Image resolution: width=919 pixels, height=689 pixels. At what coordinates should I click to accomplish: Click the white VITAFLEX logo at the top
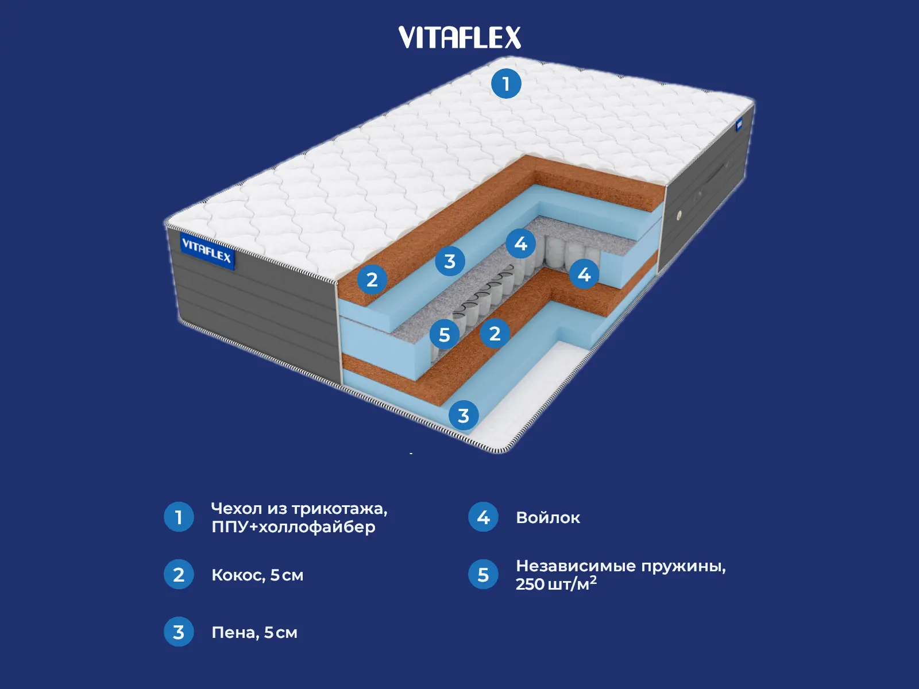click(459, 37)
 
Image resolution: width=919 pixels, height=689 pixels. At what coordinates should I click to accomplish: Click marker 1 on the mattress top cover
click(506, 84)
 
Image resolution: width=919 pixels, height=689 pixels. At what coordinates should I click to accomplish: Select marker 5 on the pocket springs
click(445, 334)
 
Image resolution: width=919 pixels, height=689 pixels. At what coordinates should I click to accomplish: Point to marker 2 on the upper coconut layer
click(372, 280)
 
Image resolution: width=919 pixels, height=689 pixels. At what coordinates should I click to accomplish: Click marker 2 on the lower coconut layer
click(495, 333)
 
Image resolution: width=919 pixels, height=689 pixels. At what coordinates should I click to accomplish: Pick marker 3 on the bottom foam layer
click(464, 415)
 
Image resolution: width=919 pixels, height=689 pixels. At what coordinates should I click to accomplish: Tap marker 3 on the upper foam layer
click(450, 261)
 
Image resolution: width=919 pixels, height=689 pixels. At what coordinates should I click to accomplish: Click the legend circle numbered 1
click(179, 517)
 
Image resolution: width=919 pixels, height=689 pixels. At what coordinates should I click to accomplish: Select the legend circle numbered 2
click(179, 574)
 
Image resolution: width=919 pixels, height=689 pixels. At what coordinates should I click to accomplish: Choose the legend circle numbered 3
click(179, 632)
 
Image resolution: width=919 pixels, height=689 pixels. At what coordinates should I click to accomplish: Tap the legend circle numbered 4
click(483, 517)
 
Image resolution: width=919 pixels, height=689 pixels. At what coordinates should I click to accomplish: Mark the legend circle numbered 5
click(483, 574)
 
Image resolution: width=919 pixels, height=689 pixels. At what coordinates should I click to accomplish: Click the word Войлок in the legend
click(548, 517)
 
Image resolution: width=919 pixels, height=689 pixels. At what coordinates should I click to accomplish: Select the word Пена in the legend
click(235, 633)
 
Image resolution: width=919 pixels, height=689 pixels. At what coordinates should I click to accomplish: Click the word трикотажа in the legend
click(339, 509)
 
